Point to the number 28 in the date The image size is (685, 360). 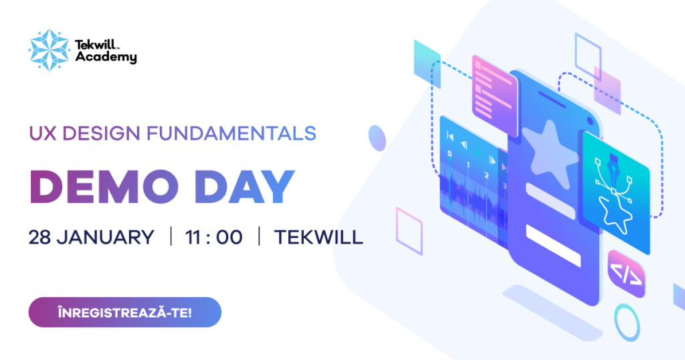tap(40, 237)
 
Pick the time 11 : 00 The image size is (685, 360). tap(215, 237)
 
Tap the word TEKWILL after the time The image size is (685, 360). tap(318, 237)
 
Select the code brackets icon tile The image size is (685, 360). tap(627, 273)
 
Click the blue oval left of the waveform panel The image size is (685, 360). tap(377, 139)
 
